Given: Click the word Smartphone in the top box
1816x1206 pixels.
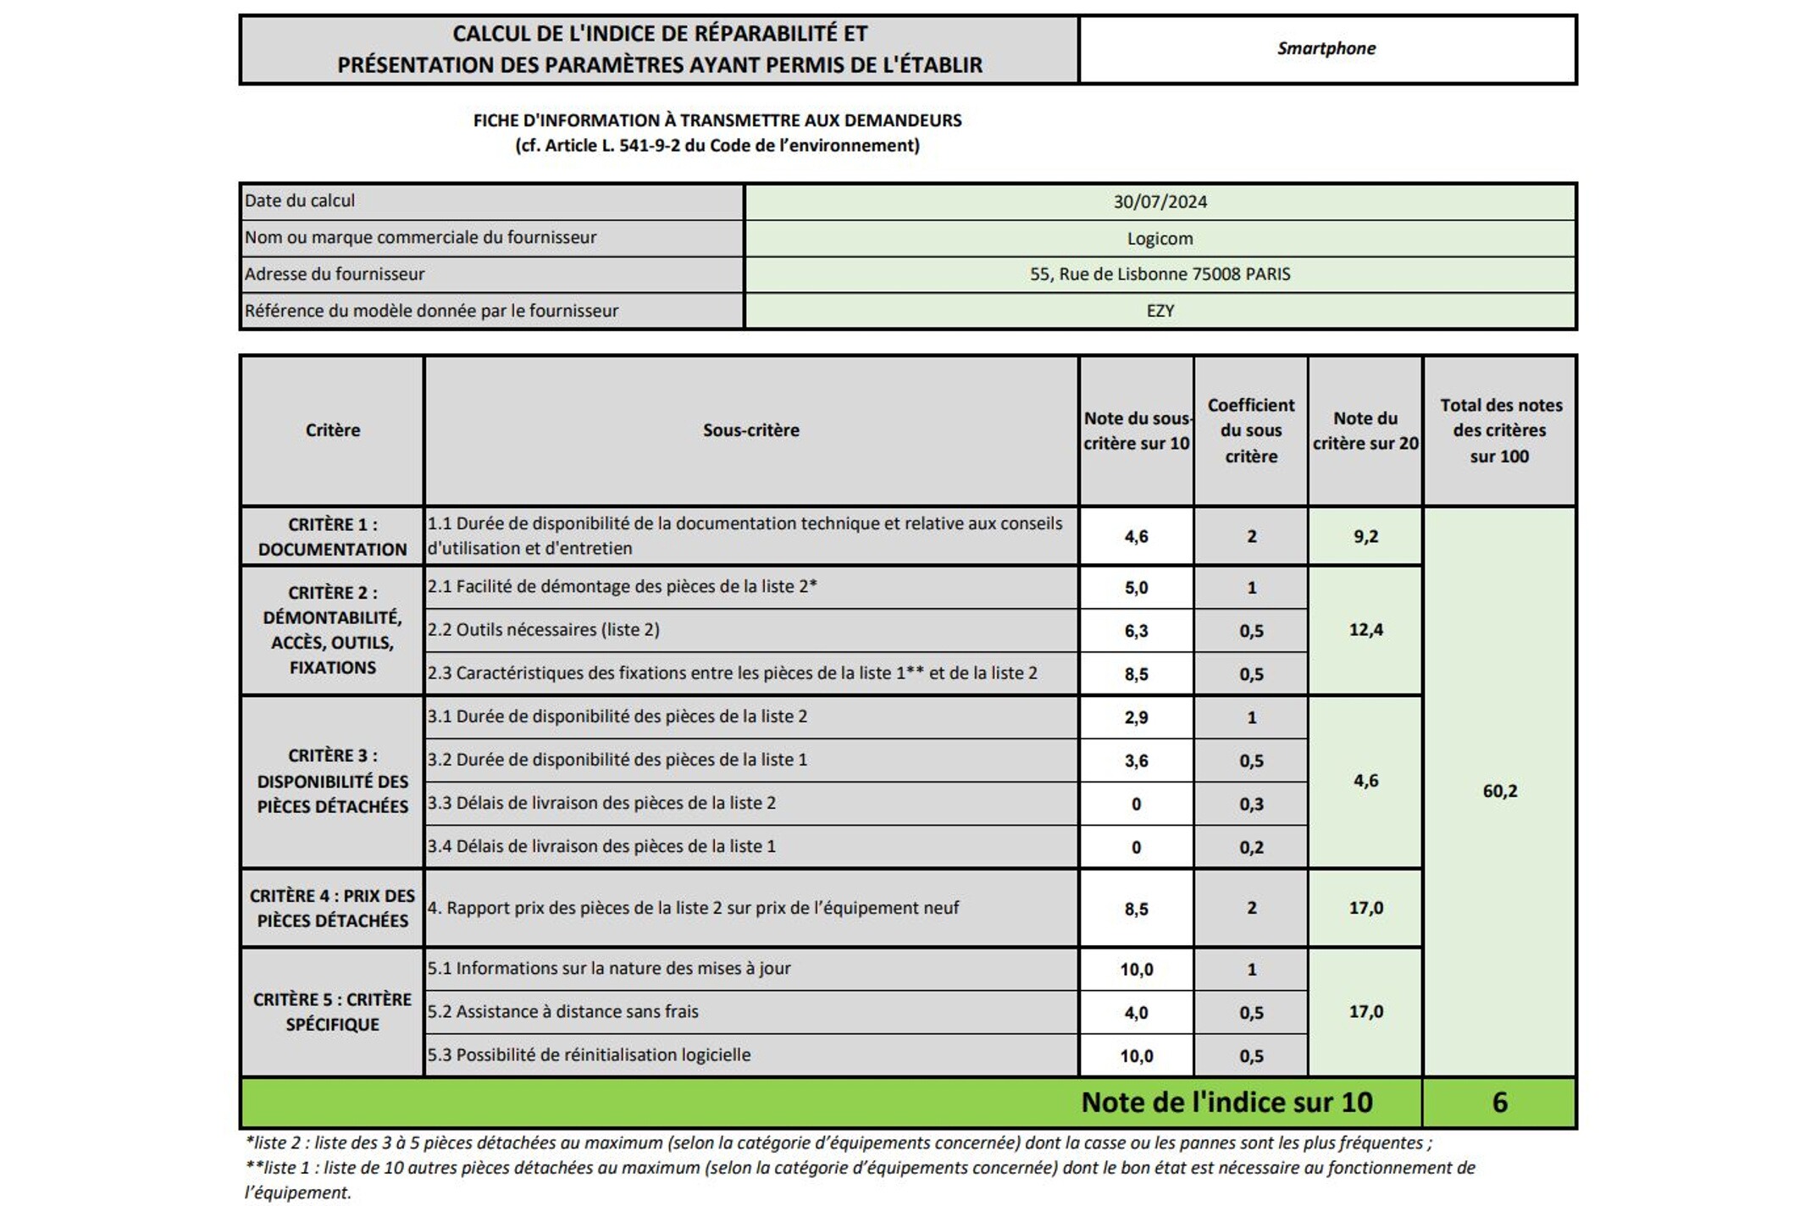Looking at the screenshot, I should (x=1326, y=48).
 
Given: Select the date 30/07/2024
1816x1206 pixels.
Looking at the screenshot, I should (x=1160, y=202).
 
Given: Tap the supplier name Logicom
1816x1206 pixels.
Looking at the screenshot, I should (x=1160, y=239).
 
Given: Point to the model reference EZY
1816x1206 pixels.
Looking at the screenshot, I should (x=1160, y=311).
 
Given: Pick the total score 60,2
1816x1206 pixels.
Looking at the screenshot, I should (x=1499, y=791).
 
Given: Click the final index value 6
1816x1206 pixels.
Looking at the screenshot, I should (x=1499, y=1102).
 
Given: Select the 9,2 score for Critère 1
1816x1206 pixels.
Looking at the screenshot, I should (x=1365, y=536).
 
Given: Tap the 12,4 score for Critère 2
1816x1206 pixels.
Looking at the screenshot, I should (x=1365, y=629).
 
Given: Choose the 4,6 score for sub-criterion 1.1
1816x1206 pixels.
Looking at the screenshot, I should (x=1136, y=536).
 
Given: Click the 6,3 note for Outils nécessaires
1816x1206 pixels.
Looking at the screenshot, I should (x=1136, y=631).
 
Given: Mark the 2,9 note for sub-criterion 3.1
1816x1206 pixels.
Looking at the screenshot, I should (x=1136, y=717).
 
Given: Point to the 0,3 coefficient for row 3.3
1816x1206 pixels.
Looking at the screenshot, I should (x=1251, y=804).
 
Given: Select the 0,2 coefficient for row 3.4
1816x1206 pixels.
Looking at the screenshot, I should (x=1251, y=847).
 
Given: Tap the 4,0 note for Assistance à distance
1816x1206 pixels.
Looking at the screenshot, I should (x=1136, y=1013).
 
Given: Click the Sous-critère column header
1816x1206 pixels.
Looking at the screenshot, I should (x=750, y=430).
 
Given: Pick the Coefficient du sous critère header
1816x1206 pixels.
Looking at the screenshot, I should (x=1251, y=430).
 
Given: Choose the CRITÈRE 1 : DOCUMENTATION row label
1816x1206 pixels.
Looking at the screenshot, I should (x=332, y=536).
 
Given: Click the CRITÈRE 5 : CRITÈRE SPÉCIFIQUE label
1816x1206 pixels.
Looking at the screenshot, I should (x=332, y=1012).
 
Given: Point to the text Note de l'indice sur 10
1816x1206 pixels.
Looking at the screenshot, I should (x=1226, y=1102).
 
